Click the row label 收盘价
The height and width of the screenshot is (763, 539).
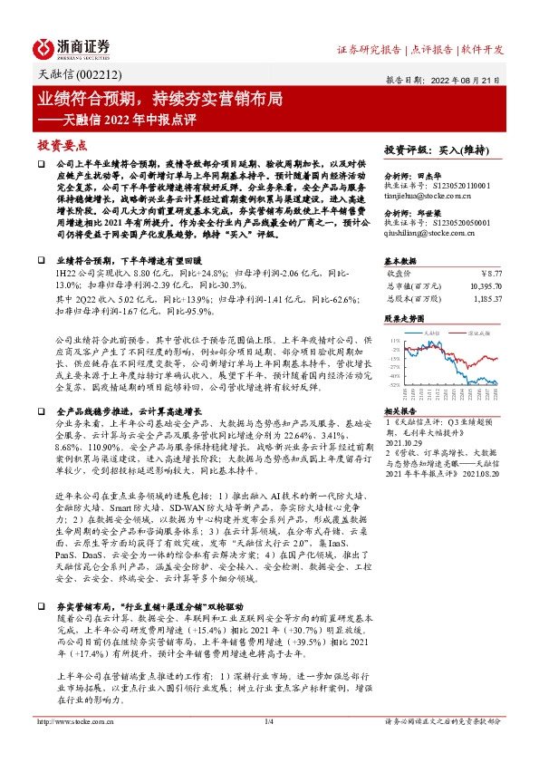tap(399, 270)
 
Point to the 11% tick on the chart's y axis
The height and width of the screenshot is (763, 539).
tap(394, 339)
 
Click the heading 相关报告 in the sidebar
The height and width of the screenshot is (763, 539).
tap(401, 410)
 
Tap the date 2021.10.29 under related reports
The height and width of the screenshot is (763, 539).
tap(408, 443)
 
